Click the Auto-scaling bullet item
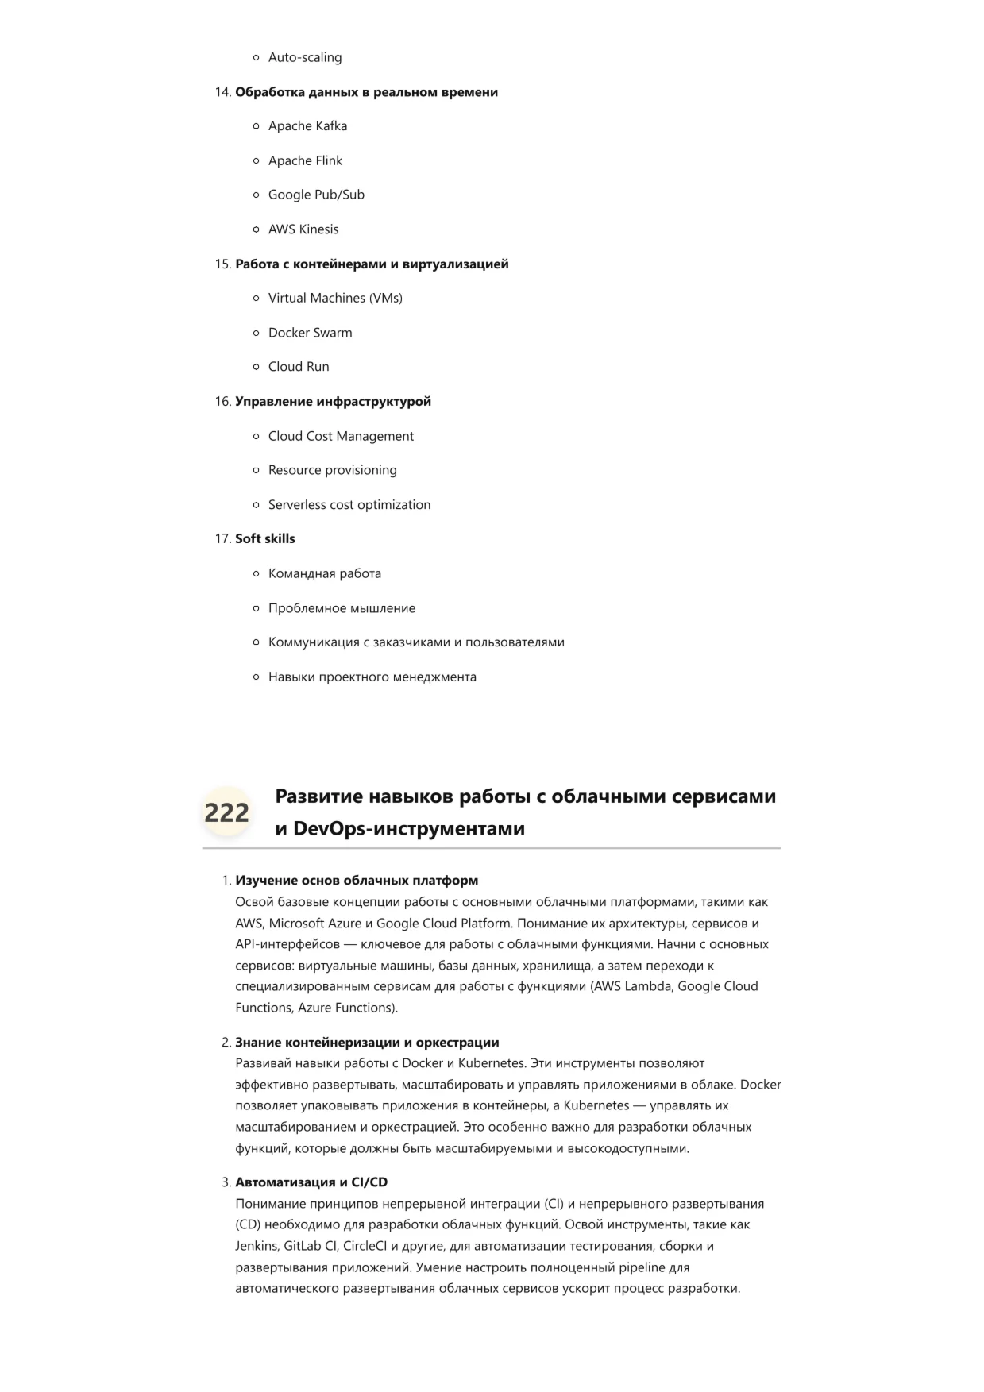[x=305, y=57]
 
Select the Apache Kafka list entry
[x=307, y=125]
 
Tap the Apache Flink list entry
[x=305, y=160]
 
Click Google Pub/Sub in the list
[x=316, y=195]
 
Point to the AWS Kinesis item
[x=303, y=229]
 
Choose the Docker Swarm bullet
[x=310, y=333]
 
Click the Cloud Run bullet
[x=299, y=367]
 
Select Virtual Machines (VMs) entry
[x=335, y=298]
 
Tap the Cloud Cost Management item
[x=341, y=436]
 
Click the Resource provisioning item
[x=332, y=470]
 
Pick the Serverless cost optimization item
[x=349, y=505]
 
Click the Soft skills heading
[x=264, y=538]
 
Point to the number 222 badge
[x=227, y=812]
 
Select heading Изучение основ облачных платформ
[x=357, y=881]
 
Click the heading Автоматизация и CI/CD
[x=311, y=1182]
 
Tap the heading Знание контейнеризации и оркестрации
[x=367, y=1043]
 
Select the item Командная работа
[x=324, y=573]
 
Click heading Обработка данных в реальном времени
[x=366, y=92]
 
